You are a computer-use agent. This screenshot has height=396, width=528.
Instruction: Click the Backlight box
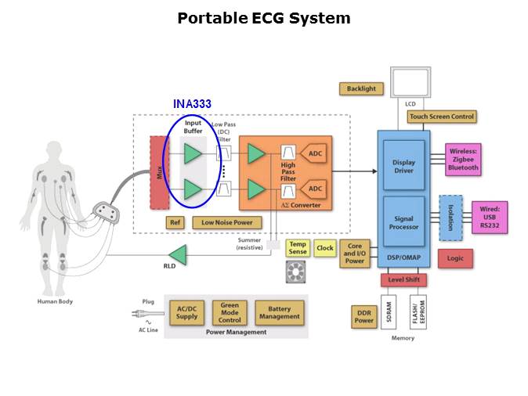(x=361, y=89)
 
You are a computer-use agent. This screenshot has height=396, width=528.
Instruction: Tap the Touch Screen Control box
(x=442, y=117)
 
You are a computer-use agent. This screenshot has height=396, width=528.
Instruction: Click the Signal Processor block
(x=404, y=222)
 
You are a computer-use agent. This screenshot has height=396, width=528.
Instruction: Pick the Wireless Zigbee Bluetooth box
(x=462, y=159)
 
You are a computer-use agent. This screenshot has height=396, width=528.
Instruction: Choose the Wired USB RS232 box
(x=490, y=217)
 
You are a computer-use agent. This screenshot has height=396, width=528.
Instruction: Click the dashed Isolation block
(x=450, y=218)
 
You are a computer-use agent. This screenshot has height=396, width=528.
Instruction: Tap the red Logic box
(x=455, y=257)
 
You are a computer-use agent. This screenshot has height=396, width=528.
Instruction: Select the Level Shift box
(x=403, y=279)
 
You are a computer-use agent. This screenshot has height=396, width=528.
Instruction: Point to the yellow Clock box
(x=324, y=248)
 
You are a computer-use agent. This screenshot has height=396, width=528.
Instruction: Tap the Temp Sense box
(x=298, y=248)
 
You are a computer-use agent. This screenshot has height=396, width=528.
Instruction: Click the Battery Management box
(x=279, y=312)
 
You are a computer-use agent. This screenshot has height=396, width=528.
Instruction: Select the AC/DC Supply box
(x=186, y=312)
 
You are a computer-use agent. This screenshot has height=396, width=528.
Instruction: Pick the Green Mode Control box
(x=230, y=312)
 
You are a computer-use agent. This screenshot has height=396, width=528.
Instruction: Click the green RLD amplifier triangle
(x=178, y=254)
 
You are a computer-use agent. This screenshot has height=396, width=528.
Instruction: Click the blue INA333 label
(x=192, y=103)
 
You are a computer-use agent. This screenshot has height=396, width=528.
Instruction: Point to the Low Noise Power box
(x=226, y=223)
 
